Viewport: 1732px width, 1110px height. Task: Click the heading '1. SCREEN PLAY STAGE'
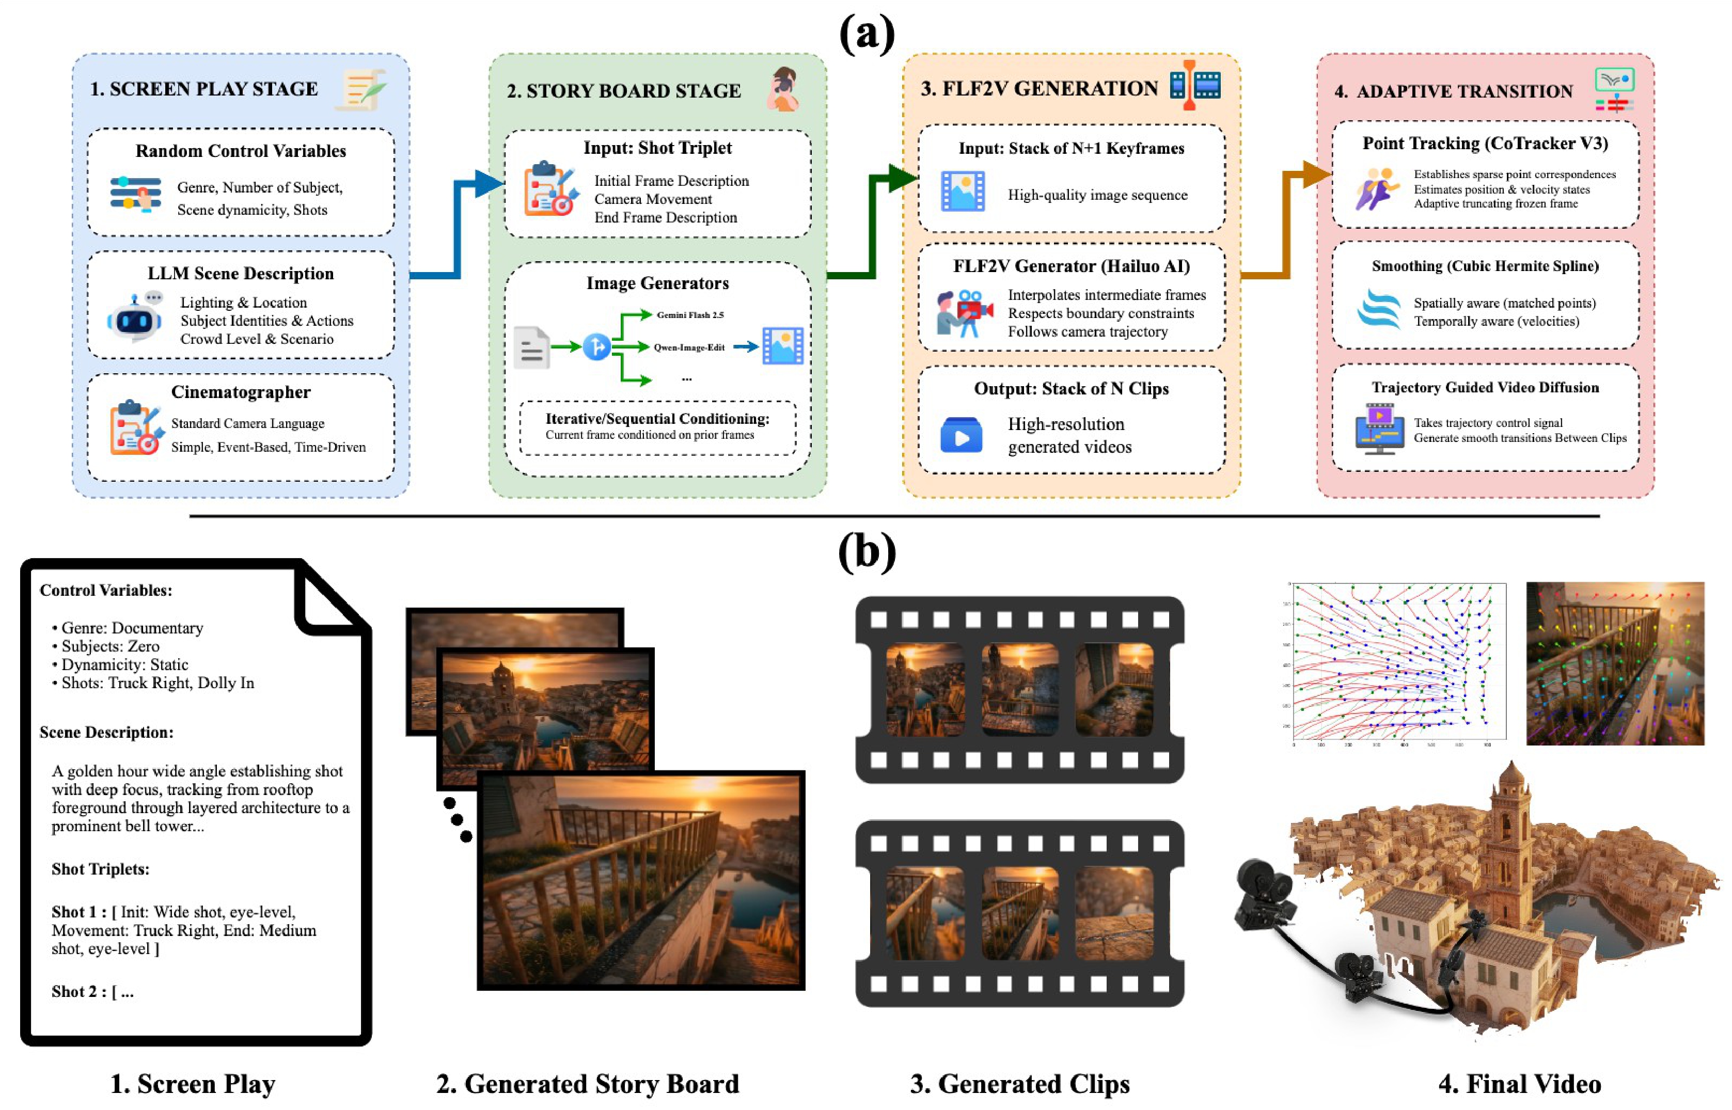click(x=204, y=89)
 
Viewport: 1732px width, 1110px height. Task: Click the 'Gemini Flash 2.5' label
click(x=690, y=315)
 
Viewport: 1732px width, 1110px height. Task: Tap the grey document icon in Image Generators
click(x=532, y=348)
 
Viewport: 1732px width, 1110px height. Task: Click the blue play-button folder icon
click(x=961, y=435)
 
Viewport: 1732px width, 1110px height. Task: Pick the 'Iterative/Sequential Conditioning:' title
click(x=657, y=419)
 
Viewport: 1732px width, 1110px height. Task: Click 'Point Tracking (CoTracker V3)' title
click(x=1485, y=144)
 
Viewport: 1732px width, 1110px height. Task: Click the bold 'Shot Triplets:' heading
click(x=100, y=869)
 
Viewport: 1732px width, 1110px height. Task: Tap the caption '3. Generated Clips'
click(x=1019, y=1084)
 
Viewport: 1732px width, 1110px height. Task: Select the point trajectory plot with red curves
click(x=1398, y=662)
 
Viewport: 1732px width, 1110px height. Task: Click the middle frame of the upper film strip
click(x=1019, y=690)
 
